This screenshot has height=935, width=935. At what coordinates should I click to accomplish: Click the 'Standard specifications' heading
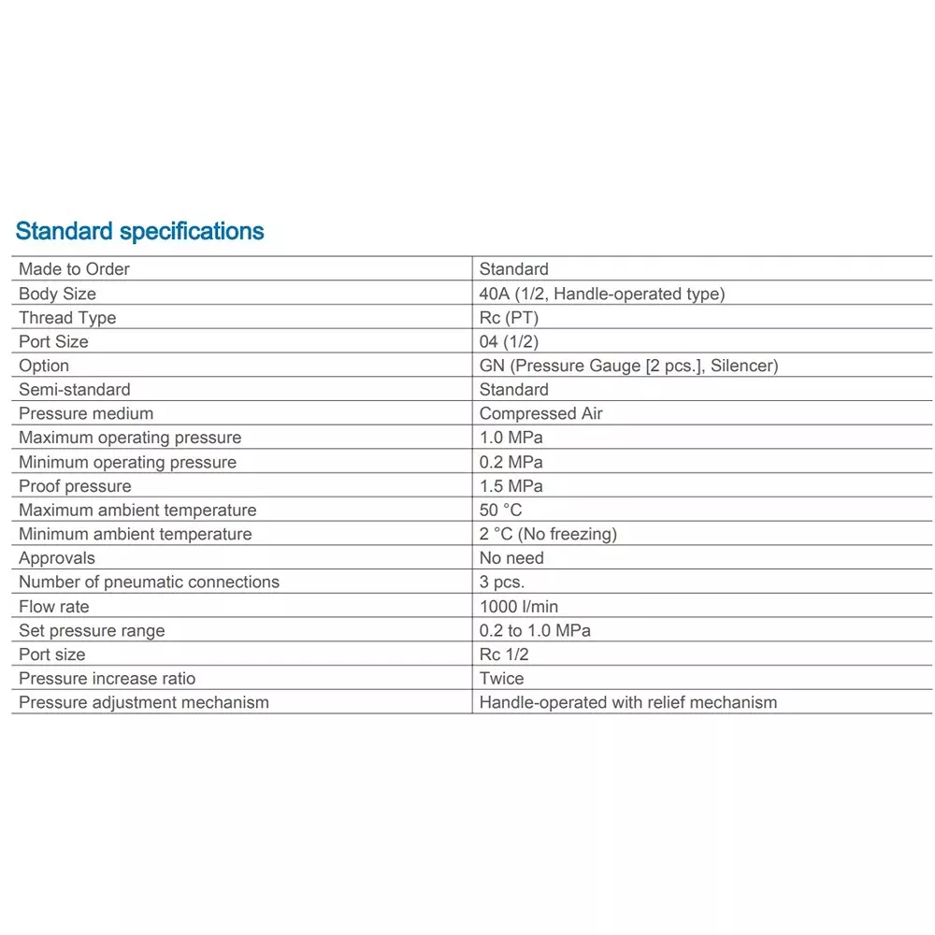point(140,231)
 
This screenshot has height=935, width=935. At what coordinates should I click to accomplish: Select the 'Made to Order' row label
point(74,269)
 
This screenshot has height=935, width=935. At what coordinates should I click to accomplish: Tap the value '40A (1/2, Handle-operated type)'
point(601,294)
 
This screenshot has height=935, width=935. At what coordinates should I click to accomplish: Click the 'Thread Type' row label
point(67,318)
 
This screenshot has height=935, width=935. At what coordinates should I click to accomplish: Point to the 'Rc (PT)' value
point(509,318)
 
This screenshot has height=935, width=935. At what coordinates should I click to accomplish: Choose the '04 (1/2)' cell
point(509,341)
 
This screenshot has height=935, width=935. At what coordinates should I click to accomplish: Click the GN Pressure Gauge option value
point(628,366)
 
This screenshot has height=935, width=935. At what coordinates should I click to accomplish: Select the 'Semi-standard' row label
point(75,390)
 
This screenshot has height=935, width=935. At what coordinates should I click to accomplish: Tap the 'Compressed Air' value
point(540,413)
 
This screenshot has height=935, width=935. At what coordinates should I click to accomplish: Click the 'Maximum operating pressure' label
point(130,438)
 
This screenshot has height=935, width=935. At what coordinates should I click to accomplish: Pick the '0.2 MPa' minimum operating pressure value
point(511,462)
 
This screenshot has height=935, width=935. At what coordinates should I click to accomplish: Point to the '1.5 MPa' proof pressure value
point(511,486)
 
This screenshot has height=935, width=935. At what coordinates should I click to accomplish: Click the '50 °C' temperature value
point(500,511)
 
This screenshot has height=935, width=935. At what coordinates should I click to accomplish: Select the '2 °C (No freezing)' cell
point(548,534)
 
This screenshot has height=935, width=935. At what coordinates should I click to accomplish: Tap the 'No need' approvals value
point(511,558)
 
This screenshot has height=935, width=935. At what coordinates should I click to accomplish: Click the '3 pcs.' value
point(502,583)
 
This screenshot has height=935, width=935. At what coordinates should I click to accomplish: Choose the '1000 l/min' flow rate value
point(519,607)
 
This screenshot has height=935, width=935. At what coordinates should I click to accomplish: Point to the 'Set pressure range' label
point(92,630)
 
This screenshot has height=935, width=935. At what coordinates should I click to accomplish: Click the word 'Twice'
point(502,679)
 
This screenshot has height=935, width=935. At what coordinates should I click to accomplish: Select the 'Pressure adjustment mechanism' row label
point(144,702)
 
